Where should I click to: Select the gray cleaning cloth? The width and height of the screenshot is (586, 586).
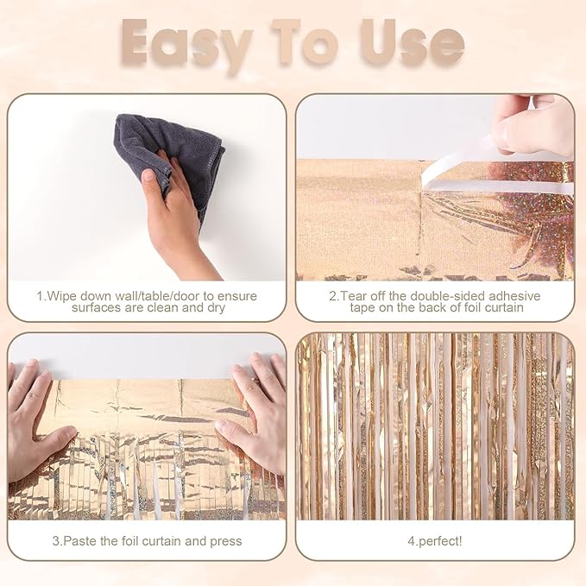pyautogui.click(x=172, y=155)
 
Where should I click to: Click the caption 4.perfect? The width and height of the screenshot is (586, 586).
pyautogui.click(x=434, y=541)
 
